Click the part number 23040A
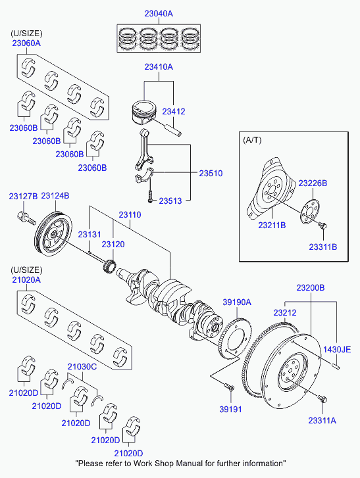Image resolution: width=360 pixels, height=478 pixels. (159, 14)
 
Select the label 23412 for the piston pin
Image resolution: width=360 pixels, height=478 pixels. (174, 112)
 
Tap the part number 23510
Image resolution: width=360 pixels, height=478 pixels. (211, 174)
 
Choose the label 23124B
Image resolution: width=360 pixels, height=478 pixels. (55, 196)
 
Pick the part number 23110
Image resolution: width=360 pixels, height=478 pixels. (130, 215)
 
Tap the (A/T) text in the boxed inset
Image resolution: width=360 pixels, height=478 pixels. (252, 140)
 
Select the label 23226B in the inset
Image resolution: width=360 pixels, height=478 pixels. (313, 183)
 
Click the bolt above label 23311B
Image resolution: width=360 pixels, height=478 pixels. (322, 226)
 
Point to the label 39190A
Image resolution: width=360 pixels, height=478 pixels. (237, 302)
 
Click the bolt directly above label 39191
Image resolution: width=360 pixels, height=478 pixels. (230, 388)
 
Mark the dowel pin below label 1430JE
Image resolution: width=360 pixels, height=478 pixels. (336, 366)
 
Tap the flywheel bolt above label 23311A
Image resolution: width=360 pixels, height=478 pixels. (322, 398)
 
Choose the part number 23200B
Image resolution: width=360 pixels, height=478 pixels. (311, 288)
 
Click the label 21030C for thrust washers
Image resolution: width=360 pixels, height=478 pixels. (82, 367)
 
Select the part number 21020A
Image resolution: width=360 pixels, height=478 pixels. (26, 280)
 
